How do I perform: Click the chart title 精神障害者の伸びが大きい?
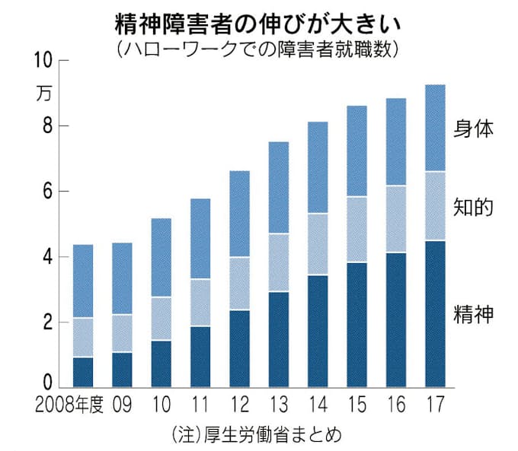pos(259,23)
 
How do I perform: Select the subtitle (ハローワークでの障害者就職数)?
pos(259,50)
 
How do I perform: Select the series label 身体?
pos(474,128)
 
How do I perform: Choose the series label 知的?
pos(474,207)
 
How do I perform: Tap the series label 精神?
pos(474,313)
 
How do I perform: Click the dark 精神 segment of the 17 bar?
pos(435,314)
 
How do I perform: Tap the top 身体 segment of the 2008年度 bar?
pos(83,281)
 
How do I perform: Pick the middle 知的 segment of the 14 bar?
pos(318,244)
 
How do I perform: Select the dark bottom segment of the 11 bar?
pos(200,357)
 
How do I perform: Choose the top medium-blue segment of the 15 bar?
pos(357,151)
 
